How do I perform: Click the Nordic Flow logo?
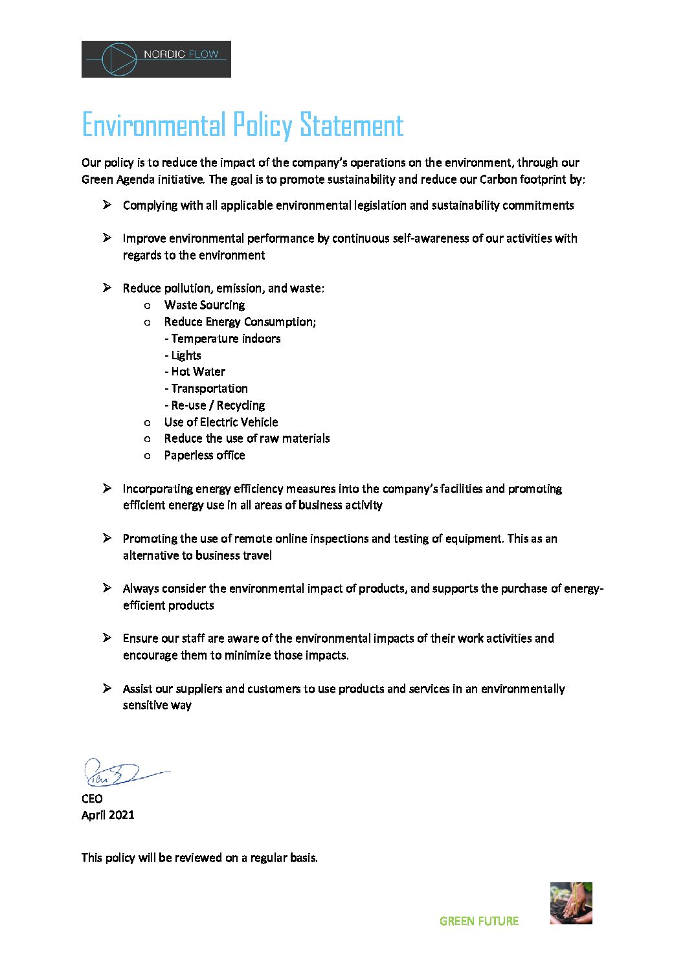point(156,60)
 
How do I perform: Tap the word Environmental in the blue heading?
point(153,126)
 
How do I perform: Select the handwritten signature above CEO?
point(123,773)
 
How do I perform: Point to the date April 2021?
point(108,815)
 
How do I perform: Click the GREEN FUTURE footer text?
point(479,921)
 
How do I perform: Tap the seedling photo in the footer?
point(571,903)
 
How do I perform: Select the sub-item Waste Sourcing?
point(205,305)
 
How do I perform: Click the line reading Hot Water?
point(196,372)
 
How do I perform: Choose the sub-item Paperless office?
point(205,455)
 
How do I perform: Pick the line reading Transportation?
point(207,388)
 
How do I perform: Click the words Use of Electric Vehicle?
point(221,422)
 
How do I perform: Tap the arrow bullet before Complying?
point(107,205)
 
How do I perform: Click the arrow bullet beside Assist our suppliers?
point(107,688)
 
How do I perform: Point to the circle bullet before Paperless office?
point(148,456)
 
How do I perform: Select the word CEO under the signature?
point(92,799)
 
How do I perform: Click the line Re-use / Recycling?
point(216,405)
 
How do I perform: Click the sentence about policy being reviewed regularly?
point(199,858)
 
